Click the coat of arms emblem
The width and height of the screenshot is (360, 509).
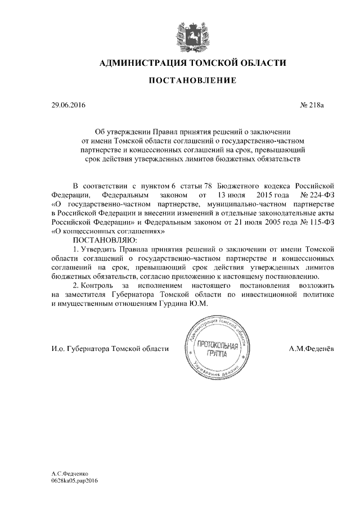192,31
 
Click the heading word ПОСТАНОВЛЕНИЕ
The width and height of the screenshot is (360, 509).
192,81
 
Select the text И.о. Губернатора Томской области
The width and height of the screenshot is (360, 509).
110,349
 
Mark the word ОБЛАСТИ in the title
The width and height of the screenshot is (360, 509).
260,62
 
